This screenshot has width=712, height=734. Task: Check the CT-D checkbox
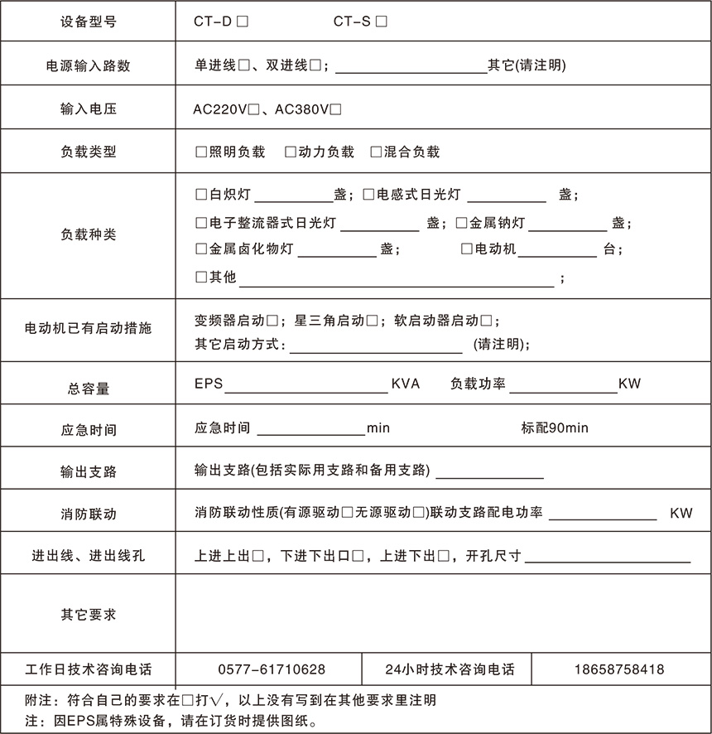(x=243, y=23)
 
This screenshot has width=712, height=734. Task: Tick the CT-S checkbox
(x=381, y=23)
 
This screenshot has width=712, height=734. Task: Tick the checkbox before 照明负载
(x=200, y=152)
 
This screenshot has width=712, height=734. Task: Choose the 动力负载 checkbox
(x=290, y=152)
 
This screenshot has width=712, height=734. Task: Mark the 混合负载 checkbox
(x=377, y=152)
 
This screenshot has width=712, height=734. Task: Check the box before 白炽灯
(x=200, y=196)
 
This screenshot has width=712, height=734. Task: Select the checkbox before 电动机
(x=467, y=249)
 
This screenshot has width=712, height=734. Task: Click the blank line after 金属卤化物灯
(x=337, y=253)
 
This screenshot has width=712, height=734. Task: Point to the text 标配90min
(x=555, y=428)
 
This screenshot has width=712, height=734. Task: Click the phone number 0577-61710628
(x=272, y=669)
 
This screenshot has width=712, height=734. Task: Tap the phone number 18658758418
(x=619, y=669)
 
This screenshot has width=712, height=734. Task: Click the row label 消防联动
(x=89, y=514)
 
